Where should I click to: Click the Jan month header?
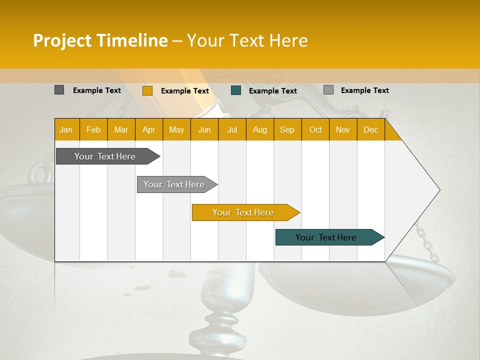pyautogui.click(x=66, y=130)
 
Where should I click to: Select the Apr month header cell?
pyautogui.click(x=149, y=130)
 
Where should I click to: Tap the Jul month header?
pyautogui.click(x=232, y=130)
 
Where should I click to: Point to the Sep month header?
pyautogui.click(x=287, y=130)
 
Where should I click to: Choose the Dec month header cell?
pyautogui.click(x=370, y=130)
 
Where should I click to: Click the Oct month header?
pyautogui.click(x=315, y=130)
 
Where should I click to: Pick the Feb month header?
pyautogui.click(x=93, y=130)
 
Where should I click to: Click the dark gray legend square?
pyautogui.click(x=59, y=90)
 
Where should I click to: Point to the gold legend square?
pyautogui.click(x=147, y=90)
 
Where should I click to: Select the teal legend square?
pyautogui.click(x=236, y=90)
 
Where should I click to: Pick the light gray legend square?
pyautogui.click(x=328, y=90)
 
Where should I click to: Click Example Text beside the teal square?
pyautogui.click(x=272, y=91)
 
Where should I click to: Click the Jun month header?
pyautogui.click(x=204, y=130)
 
